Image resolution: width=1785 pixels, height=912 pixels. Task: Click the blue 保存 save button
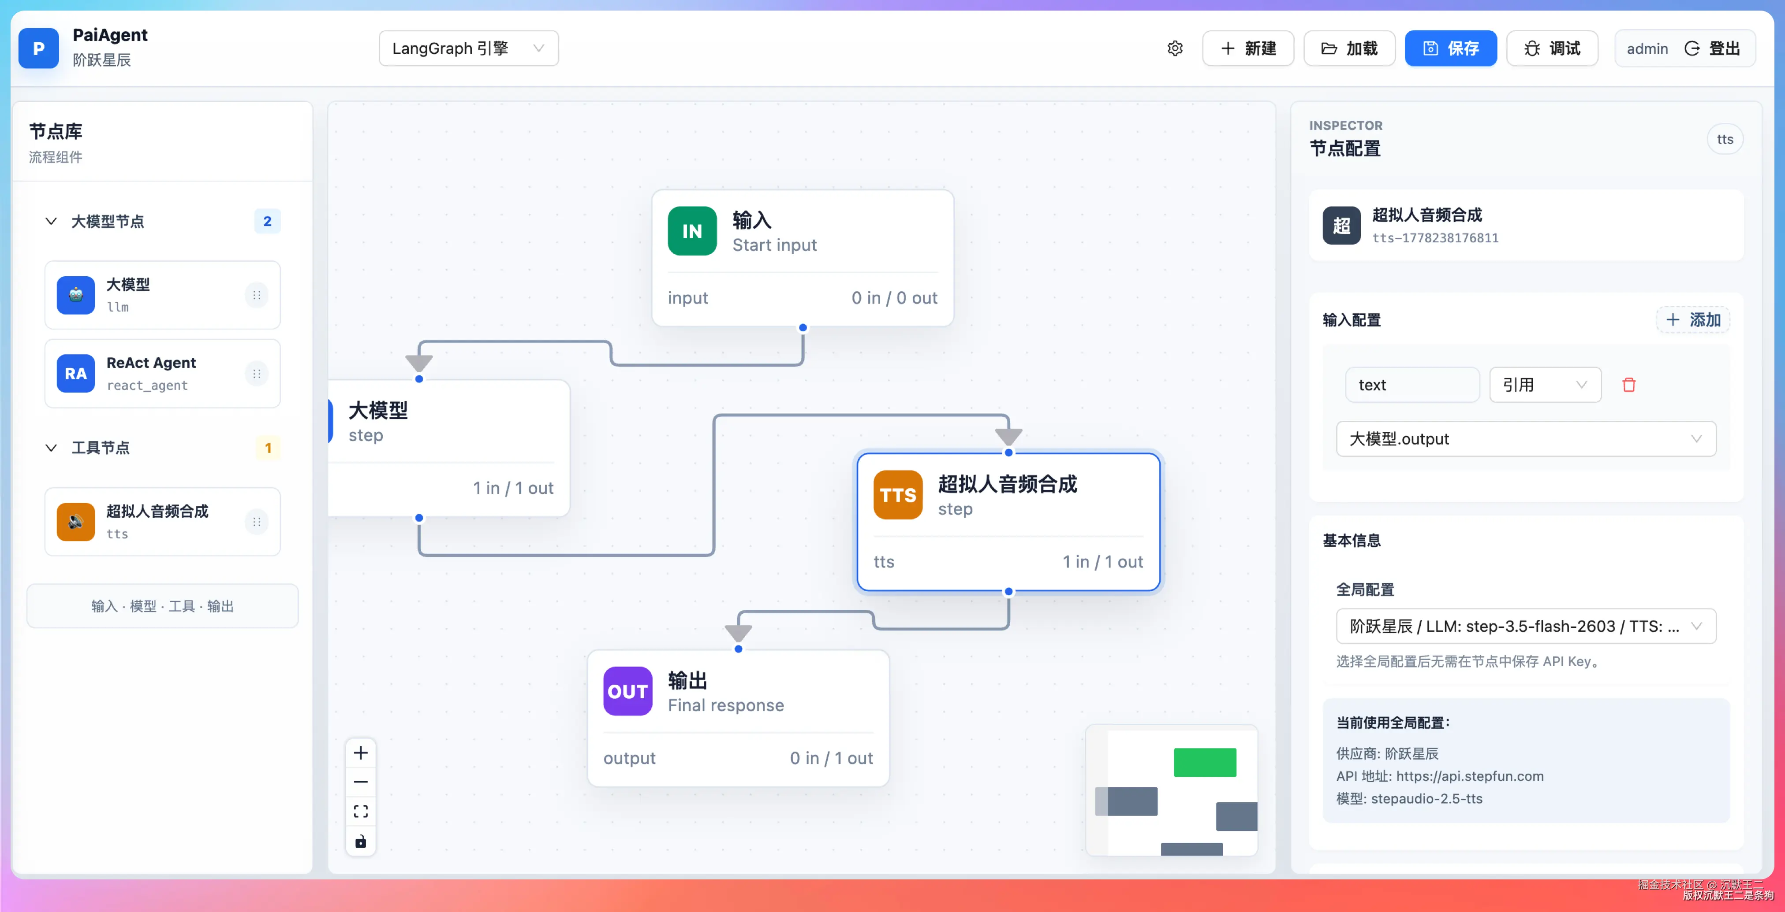click(x=1450, y=48)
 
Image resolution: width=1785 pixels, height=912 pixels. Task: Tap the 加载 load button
click(x=1349, y=48)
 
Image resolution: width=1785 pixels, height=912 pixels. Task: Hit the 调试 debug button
click(x=1552, y=48)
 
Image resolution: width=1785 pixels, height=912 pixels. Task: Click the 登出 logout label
click(x=1724, y=48)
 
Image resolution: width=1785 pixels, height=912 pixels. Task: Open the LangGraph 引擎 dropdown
click(x=468, y=48)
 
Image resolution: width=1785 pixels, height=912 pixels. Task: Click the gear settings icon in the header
click(x=1175, y=48)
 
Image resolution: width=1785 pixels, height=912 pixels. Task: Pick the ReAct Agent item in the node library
click(x=162, y=373)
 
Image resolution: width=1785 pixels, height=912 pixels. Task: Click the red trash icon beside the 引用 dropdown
click(x=1629, y=385)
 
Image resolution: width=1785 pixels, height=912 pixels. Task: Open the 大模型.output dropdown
click(x=1526, y=439)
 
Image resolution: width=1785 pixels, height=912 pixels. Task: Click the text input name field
click(x=1412, y=385)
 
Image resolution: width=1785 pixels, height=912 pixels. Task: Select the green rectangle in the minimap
click(x=1205, y=763)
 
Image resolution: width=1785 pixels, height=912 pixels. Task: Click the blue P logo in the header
click(x=39, y=48)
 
